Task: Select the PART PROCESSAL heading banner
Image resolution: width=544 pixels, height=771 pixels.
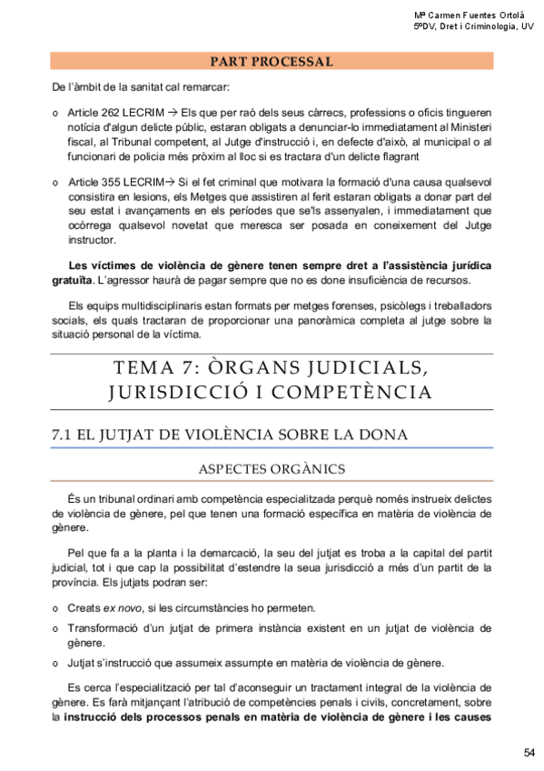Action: coord(272,63)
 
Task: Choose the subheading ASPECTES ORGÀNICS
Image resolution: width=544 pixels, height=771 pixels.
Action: coord(272,469)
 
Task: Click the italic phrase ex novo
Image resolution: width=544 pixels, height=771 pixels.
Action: coord(120,608)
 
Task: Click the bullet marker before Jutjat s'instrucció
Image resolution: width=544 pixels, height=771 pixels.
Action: coord(56,662)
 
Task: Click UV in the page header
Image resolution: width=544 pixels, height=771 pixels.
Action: coord(527,27)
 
